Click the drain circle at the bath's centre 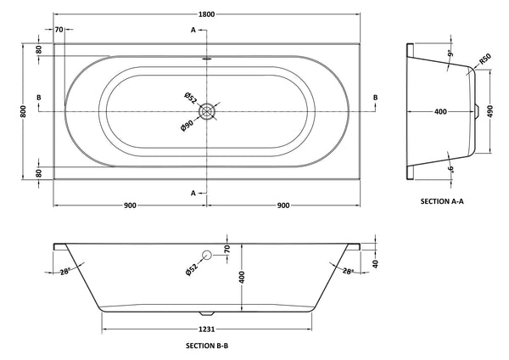tap(209, 110)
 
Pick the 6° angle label tap(450, 167)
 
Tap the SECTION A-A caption tap(445, 201)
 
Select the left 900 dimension tap(131, 205)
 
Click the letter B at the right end tap(376, 98)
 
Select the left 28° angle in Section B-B tap(64, 271)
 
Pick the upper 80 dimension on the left tap(39, 49)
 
